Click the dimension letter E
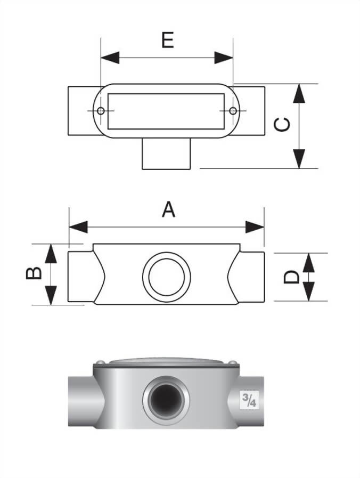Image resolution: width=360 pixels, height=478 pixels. pos(168,39)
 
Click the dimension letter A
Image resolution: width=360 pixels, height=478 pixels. pos(168,209)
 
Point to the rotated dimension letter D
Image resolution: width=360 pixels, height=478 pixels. pos(291,277)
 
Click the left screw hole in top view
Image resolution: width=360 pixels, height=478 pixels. pos(101,111)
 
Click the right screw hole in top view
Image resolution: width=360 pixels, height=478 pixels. pos(233,111)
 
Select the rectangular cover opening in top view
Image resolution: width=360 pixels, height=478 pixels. pos(166,111)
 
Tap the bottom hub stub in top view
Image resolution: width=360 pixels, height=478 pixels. pos(166,155)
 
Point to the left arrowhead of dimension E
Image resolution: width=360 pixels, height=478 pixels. pos(110,58)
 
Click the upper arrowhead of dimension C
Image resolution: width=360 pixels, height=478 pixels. pos(300,94)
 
